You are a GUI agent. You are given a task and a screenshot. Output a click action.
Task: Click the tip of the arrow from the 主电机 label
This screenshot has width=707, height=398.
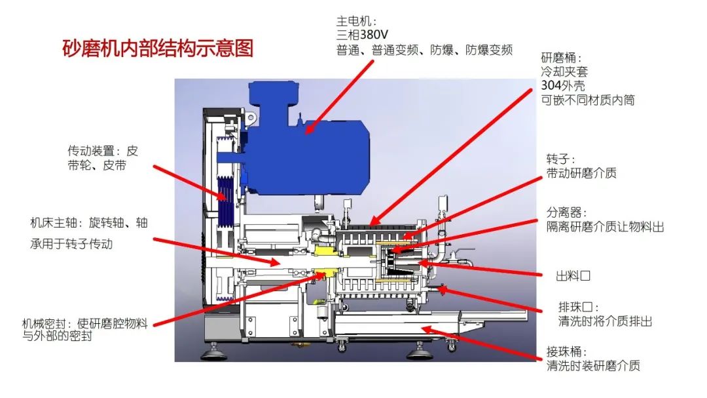[x=305, y=134]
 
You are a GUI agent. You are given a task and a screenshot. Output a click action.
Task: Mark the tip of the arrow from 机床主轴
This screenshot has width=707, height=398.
[x=281, y=264]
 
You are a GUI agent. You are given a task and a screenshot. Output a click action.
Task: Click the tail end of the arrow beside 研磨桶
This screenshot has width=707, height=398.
[x=532, y=89]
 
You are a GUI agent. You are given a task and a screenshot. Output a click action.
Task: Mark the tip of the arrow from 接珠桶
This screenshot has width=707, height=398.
[x=422, y=328]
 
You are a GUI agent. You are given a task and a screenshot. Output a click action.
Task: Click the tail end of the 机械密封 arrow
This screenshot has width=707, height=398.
[x=153, y=325]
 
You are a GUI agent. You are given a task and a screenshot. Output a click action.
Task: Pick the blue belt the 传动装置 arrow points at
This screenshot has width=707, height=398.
[x=224, y=201]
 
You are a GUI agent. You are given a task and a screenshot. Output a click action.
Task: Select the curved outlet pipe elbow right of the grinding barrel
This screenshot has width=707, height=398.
[x=439, y=254]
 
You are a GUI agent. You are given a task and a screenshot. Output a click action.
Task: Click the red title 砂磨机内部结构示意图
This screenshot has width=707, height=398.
[x=158, y=49]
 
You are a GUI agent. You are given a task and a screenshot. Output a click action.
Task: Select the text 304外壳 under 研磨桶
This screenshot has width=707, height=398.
[x=563, y=85]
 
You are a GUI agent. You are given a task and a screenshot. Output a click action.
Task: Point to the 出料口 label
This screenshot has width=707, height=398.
[x=573, y=275]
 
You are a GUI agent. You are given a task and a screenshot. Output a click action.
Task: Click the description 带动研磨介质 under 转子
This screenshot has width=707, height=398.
[x=581, y=173]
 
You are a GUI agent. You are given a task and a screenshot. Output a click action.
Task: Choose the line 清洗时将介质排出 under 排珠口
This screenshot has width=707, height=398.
[x=605, y=322]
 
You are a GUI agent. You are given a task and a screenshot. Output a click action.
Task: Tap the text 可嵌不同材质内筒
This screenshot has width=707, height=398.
[x=587, y=100]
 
